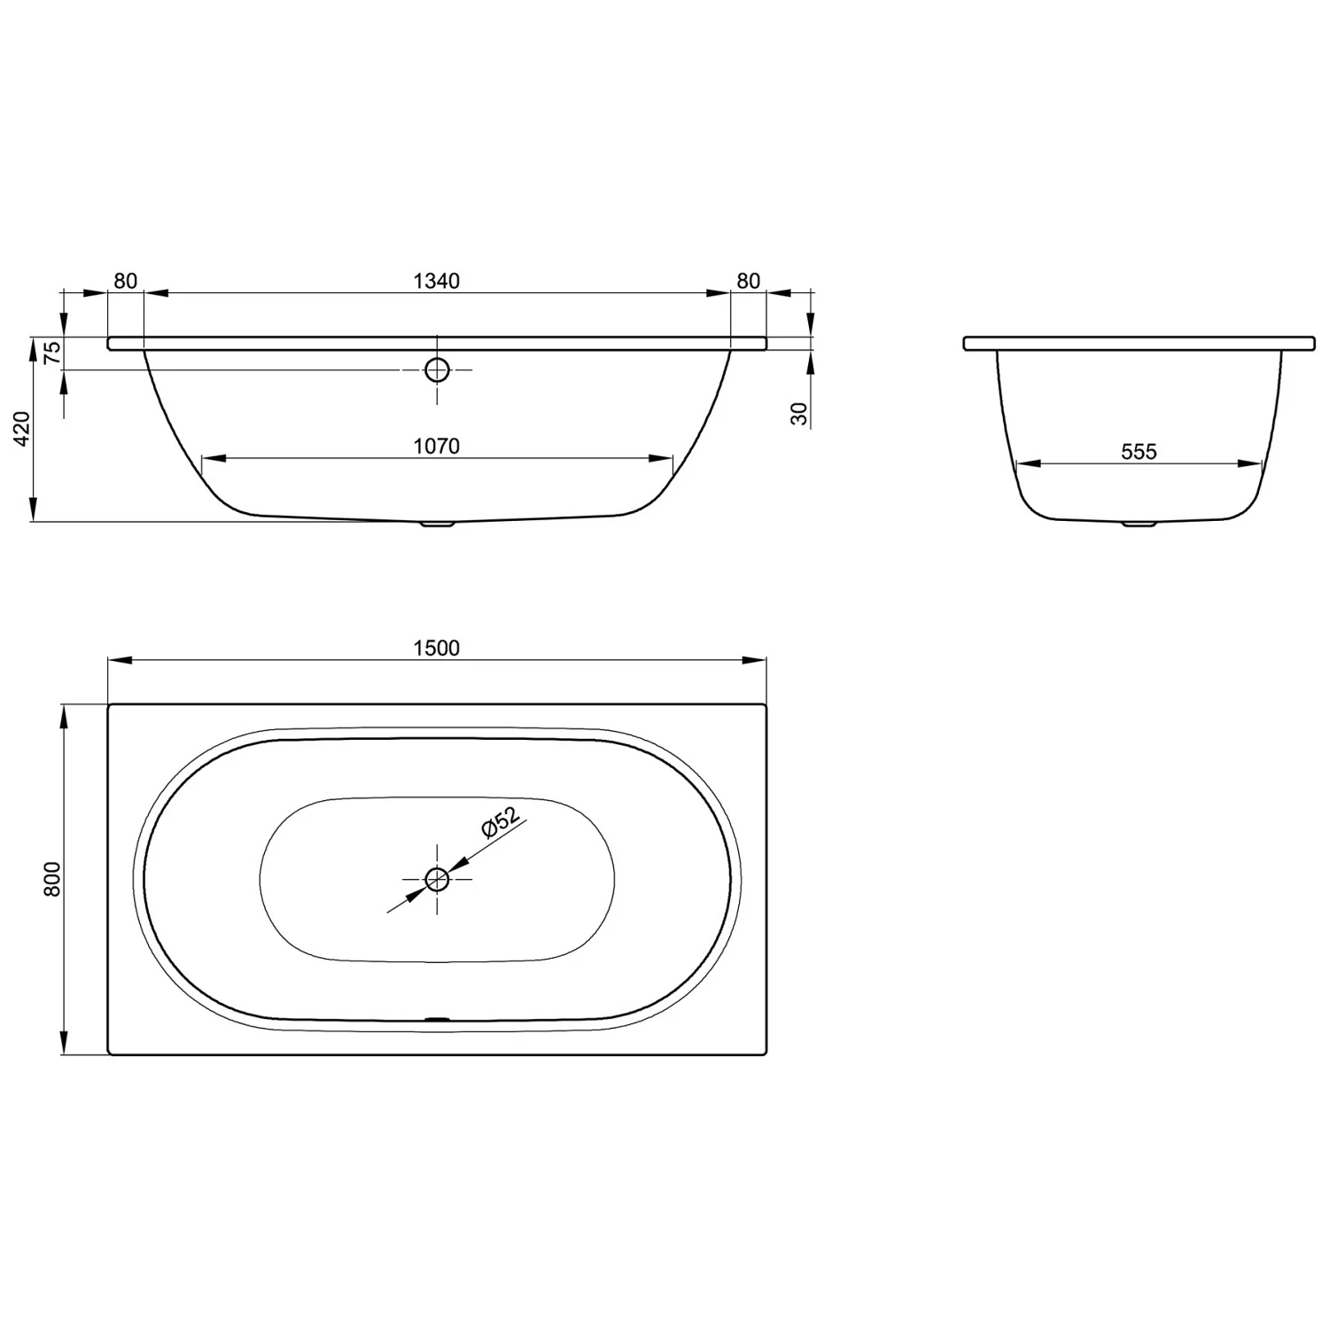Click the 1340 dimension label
tap(437, 281)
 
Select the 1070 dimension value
tap(437, 446)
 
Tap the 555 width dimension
tap(1139, 452)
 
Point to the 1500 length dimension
tap(437, 649)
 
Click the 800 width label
tap(52, 879)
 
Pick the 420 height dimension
tap(22, 429)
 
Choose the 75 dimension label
tap(53, 353)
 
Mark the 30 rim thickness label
tap(800, 414)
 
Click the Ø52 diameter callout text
tap(501, 821)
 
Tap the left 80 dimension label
tap(126, 281)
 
